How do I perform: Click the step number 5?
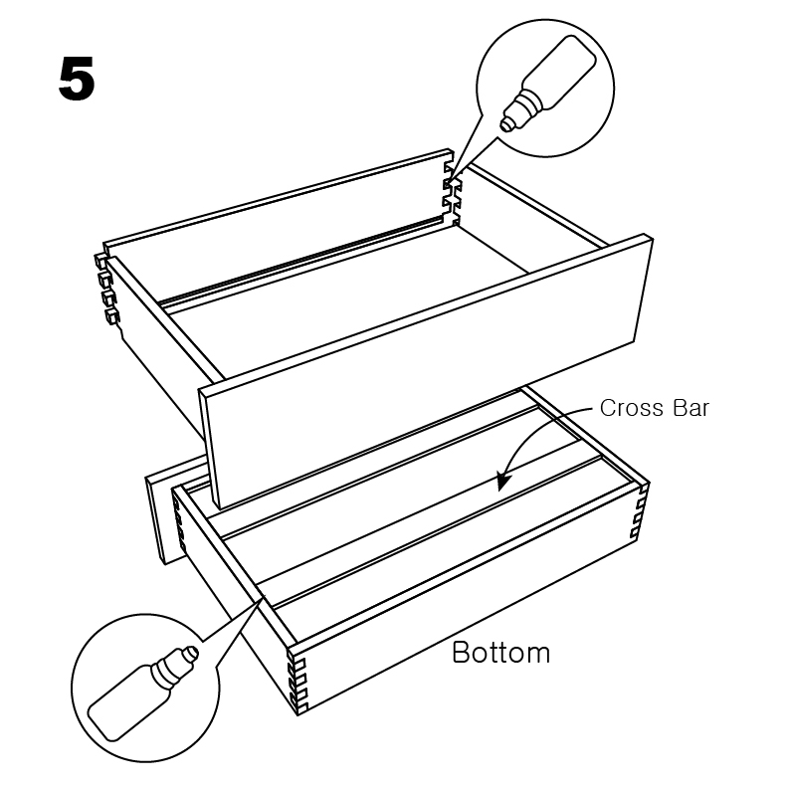pyautogui.click(x=77, y=79)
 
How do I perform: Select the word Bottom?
pyautogui.click(x=500, y=653)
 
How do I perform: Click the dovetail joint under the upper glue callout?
pyautogui.click(x=452, y=194)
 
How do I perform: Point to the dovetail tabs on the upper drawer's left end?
pyautogui.click(x=106, y=288)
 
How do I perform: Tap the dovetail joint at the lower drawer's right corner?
pyautogui.click(x=639, y=509)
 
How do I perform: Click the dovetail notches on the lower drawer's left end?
pyautogui.click(x=179, y=524)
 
